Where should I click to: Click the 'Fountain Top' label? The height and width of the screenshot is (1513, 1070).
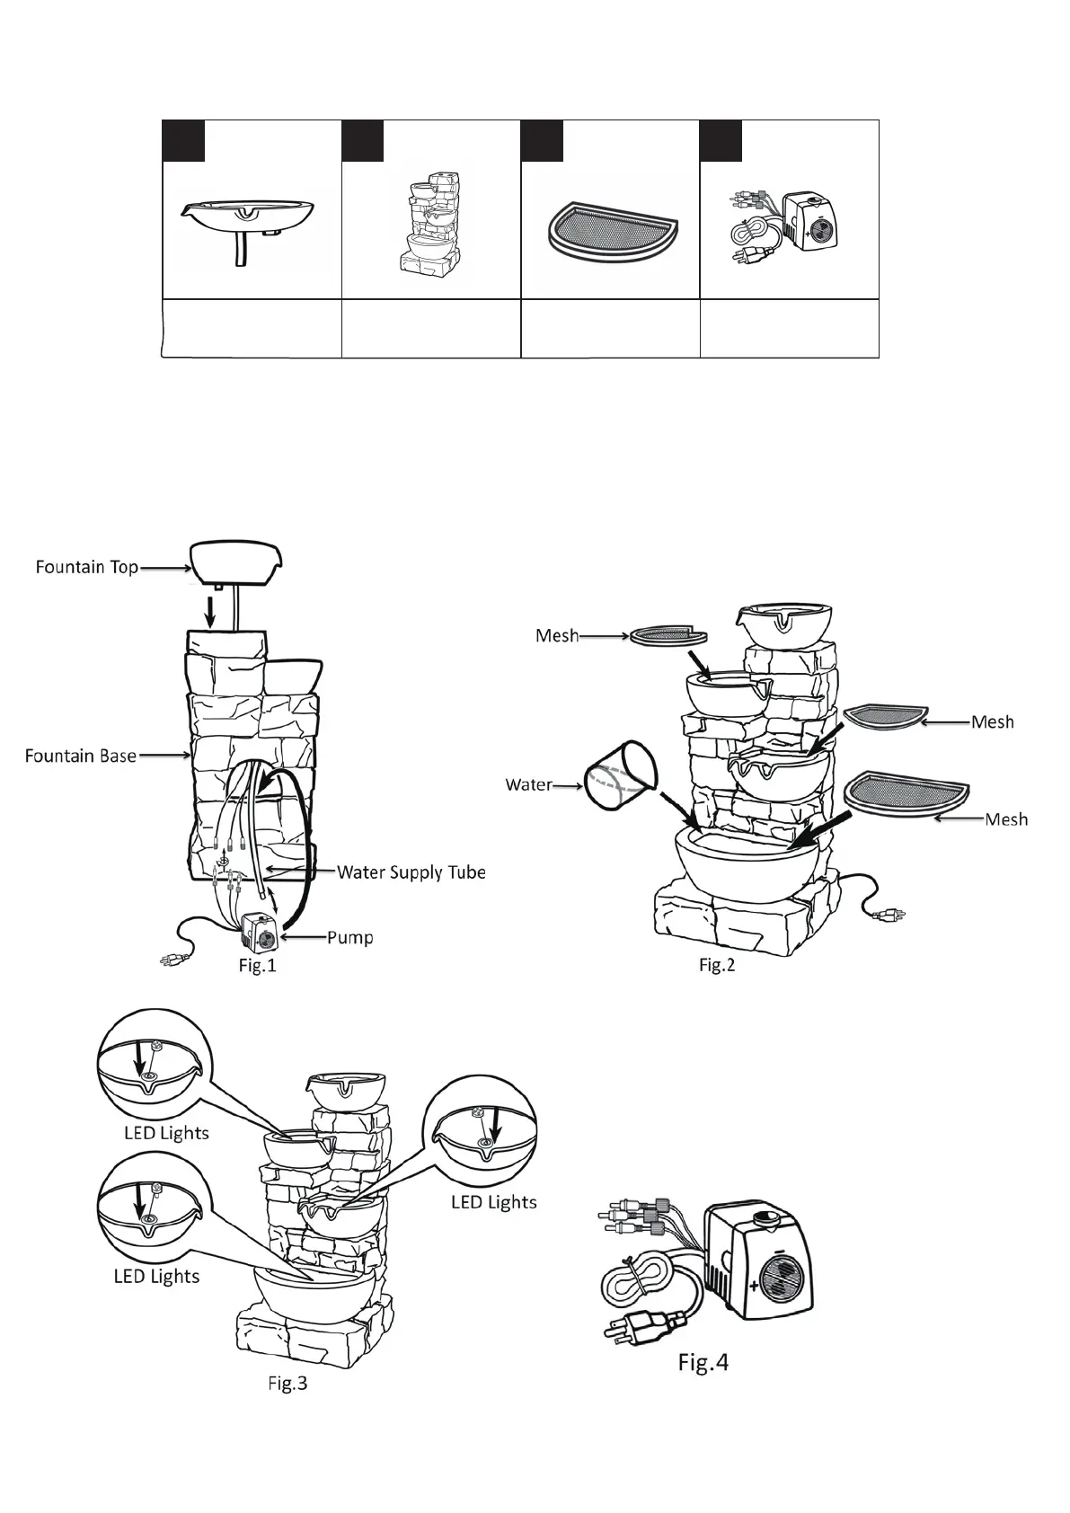coord(86,567)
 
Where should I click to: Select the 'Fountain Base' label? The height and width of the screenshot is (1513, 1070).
coord(80,756)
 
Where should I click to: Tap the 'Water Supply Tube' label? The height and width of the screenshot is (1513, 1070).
coord(411,872)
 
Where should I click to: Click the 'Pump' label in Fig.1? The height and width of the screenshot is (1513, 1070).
coord(349,937)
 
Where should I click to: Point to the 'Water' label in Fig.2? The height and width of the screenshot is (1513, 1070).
coord(528,784)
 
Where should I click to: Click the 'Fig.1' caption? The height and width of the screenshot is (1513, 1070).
coord(257,966)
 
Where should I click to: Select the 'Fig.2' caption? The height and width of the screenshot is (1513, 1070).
coord(717,966)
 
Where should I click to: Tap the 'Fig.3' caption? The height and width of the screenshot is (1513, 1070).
coord(287,1384)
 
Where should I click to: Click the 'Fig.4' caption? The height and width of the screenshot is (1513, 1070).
coord(703,1363)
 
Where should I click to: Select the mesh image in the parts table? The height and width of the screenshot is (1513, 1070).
coord(610,230)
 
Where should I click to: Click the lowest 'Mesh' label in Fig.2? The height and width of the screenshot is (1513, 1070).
coord(1005,819)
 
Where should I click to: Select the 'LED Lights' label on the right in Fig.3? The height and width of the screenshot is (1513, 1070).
coord(493,1202)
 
